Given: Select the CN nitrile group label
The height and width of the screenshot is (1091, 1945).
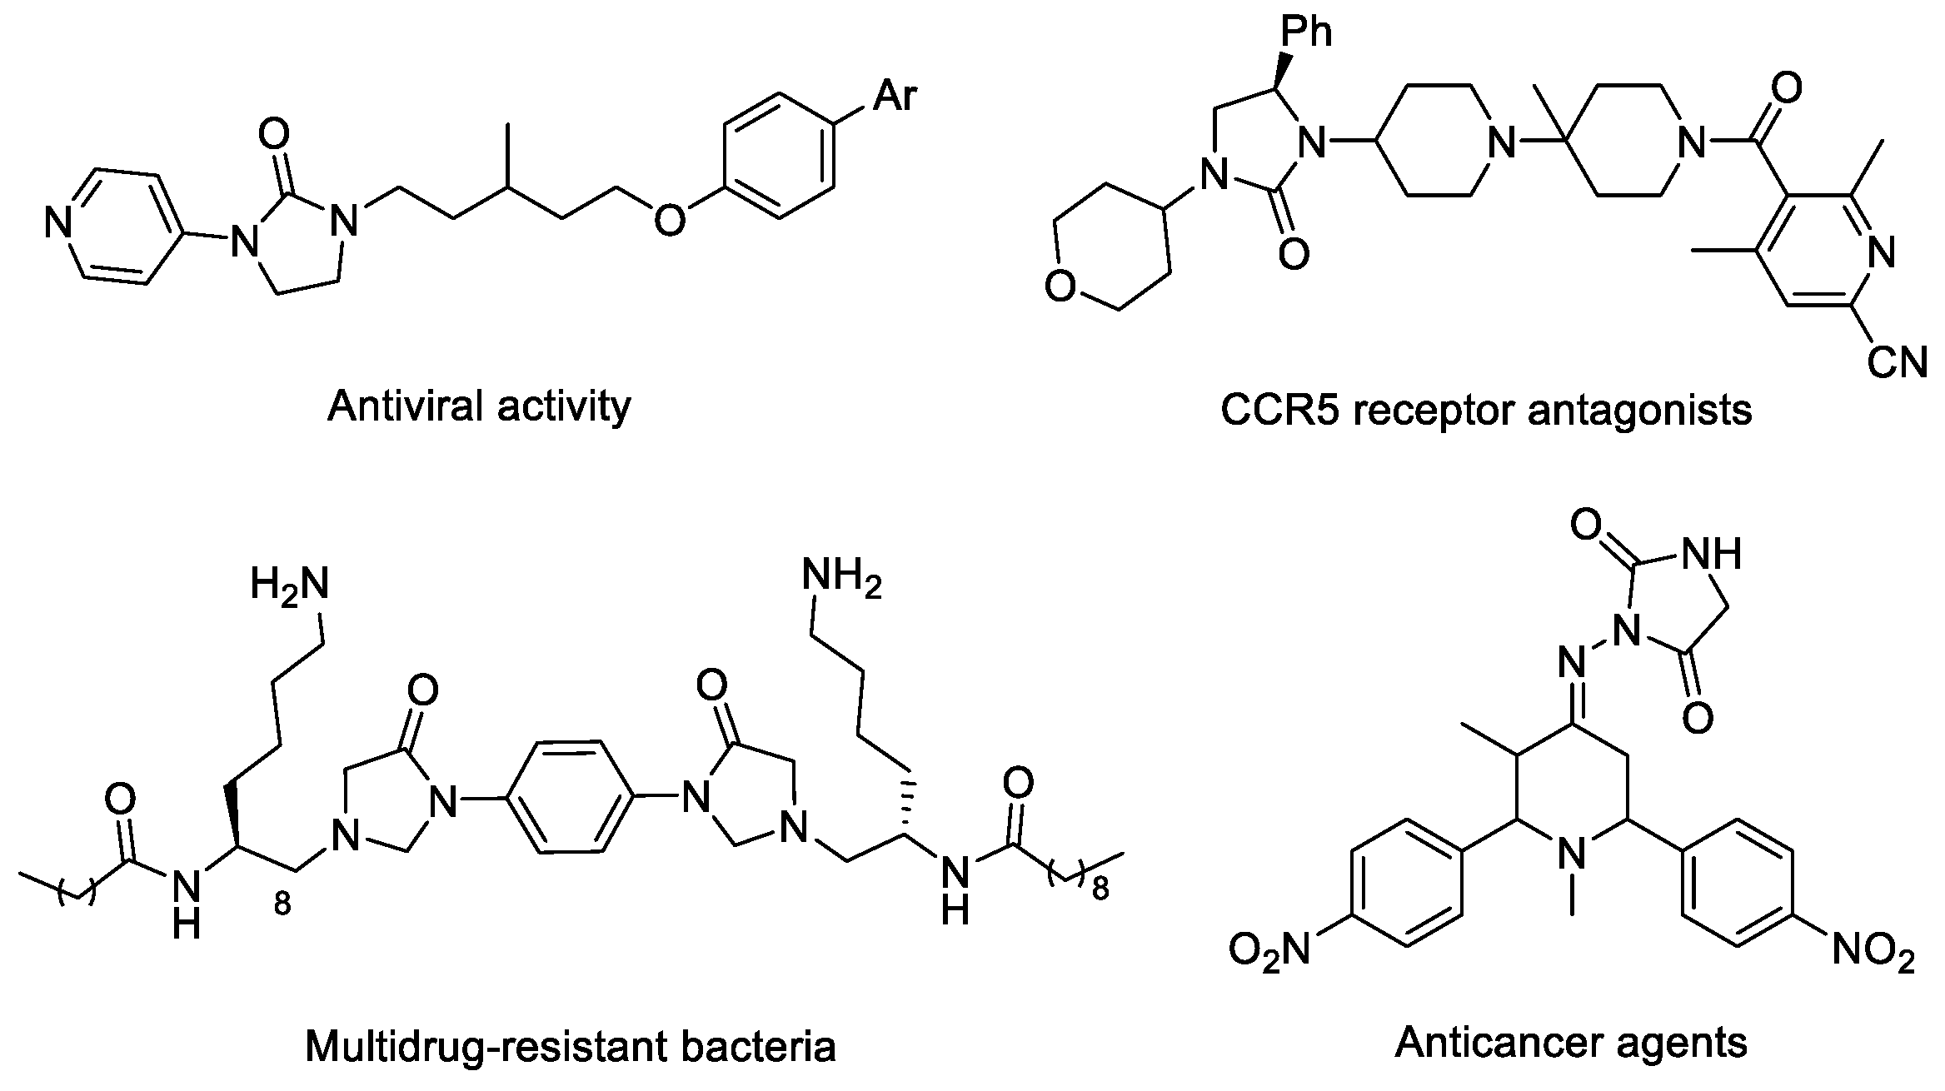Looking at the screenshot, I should pyautogui.click(x=1897, y=362).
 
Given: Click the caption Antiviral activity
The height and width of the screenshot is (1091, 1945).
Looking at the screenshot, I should pyautogui.click(x=479, y=406).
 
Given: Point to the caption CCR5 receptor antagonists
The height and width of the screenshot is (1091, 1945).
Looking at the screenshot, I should pyautogui.click(x=1486, y=411).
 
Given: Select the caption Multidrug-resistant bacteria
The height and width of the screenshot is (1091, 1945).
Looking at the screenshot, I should pyautogui.click(x=571, y=1046).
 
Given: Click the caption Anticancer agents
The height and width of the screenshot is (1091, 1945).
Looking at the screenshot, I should pyautogui.click(x=1571, y=1042).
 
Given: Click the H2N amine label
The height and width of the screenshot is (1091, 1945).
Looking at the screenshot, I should pyautogui.click(x=289, y=584).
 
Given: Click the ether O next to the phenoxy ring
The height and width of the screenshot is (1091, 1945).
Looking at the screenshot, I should pyautogui.click(x=669, y=222).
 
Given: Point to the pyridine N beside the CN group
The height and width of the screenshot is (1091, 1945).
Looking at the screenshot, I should pyautogui.click(x=1881, y=252).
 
